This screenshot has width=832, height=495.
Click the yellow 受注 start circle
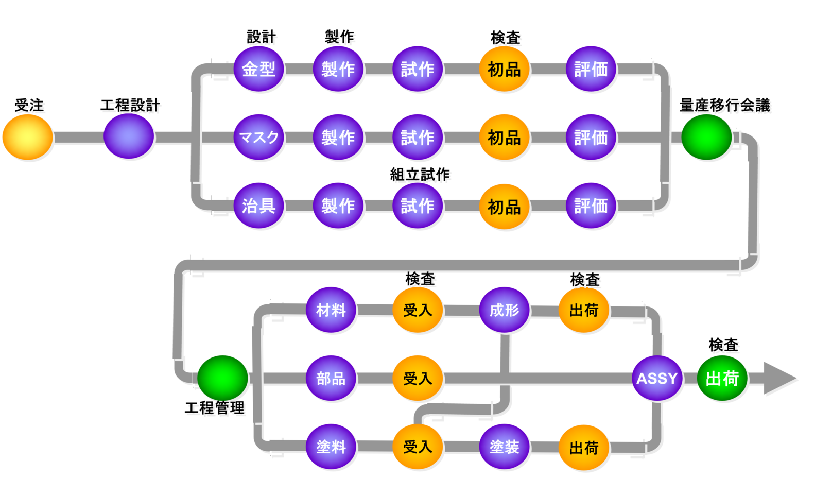(28, 137)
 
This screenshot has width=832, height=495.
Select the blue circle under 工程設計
(129, 136)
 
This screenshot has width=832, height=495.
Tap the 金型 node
(258, 69)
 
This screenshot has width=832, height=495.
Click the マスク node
(258, 138)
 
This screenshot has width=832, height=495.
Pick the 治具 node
(258, 206)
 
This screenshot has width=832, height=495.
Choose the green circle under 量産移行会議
(706, 137)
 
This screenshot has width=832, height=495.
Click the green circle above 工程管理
(222, 378)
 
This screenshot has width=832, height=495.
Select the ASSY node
(657, 379)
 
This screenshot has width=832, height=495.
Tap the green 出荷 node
(722, 379)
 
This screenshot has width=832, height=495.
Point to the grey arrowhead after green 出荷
(778, 379)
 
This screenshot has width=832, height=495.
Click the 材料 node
(331, 310)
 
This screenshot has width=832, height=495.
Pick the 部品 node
(331, 379)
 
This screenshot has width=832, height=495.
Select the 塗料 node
(331, 447)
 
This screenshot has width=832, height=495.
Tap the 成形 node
(504, 310)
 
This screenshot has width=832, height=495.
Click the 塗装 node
(504, 447)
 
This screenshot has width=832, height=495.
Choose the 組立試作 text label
(420, 175)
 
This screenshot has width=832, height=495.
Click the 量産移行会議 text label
(724, 106)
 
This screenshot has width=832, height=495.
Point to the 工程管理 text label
(215, 408)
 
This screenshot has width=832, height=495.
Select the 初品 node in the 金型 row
(504, 69)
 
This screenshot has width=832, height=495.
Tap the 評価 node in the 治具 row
(591, 206)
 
